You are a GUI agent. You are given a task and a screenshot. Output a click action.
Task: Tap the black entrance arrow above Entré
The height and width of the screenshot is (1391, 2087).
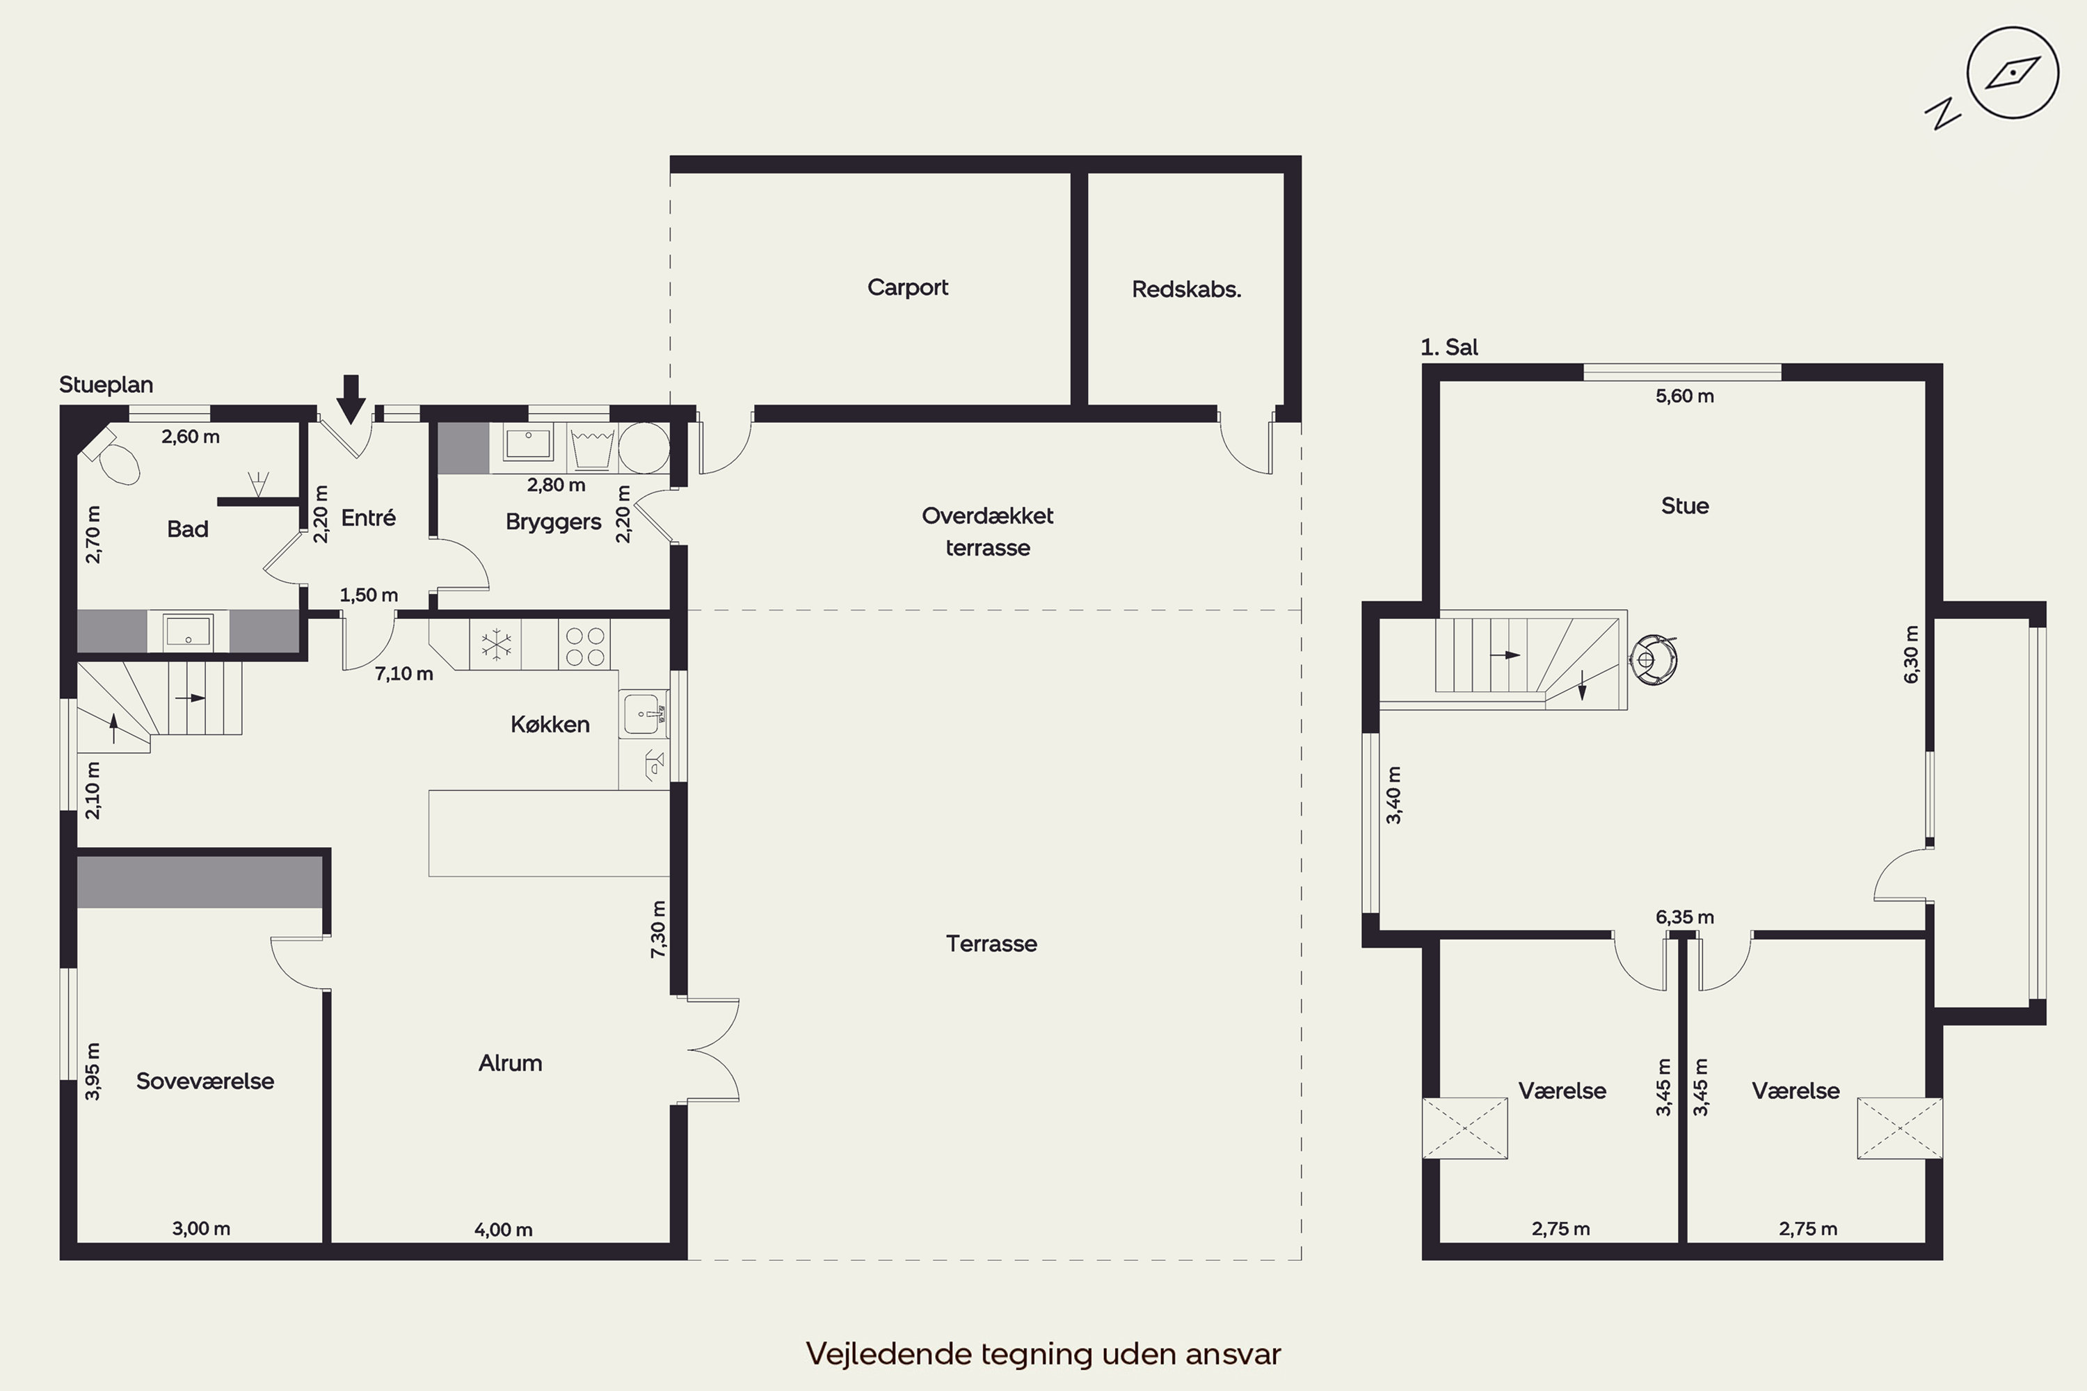(x=351, y=399)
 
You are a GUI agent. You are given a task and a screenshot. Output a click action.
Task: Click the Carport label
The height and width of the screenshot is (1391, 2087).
(x=907, y=287)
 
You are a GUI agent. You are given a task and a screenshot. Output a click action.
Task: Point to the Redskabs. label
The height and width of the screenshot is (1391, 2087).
(x=1185, y=289)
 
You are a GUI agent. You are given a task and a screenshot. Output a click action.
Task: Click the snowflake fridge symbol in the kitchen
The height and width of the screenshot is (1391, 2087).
(x=496, y=644)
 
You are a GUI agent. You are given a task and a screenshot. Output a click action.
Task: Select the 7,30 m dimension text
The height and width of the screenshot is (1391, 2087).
(x=657, y=928)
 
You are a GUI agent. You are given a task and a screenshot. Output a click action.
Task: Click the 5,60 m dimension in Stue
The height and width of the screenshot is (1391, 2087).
(x=1684, y=396)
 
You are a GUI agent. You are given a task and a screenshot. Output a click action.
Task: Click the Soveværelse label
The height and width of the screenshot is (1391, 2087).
(x=205, y=1081)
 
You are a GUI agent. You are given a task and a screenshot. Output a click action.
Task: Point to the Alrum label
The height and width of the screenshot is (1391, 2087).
(x=510, y=1063)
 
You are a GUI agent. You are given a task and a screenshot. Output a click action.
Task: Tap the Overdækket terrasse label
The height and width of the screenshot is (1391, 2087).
(x=988, y=531)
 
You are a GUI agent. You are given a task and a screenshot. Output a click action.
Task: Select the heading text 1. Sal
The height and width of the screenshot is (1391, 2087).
(x=1449, y=347)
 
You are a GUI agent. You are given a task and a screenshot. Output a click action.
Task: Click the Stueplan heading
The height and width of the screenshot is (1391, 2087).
(x=106, y=384)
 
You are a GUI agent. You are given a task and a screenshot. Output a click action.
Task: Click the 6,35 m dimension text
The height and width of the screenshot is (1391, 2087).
(x=1684, y=917)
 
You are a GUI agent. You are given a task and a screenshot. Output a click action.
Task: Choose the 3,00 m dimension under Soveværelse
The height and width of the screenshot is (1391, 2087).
(x=202, y=1229)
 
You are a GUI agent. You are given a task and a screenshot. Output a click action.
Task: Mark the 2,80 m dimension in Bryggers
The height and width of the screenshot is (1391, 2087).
(x=557, y=484)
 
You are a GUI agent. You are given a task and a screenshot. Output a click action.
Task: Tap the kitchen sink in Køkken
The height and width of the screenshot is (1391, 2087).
(x=642, y=714)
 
